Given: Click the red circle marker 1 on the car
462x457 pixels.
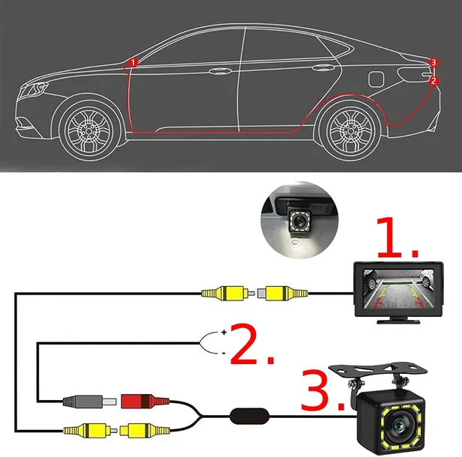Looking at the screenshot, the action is [133, 62].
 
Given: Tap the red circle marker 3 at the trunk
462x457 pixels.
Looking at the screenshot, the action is [433, 62].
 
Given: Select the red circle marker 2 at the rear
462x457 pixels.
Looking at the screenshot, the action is [434, 81].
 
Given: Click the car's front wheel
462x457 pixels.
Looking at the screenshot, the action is [90, 130].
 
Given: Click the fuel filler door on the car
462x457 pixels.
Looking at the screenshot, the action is [376, 79].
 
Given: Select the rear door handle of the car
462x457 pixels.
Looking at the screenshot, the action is [323, 67].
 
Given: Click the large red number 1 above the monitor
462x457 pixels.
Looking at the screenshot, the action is [389, 237].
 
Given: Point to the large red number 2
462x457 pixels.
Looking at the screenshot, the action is [244, 343].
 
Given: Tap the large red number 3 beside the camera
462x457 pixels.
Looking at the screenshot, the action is [314, 390].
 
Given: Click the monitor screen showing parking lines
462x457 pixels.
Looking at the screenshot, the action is [398, 288].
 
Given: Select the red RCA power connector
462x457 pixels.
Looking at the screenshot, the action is [145, 401].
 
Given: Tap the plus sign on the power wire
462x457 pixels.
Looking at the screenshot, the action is [224, 333].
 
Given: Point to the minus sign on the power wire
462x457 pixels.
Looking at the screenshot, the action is [224, 353].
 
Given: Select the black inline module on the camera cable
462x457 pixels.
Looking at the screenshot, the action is [249, 417].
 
